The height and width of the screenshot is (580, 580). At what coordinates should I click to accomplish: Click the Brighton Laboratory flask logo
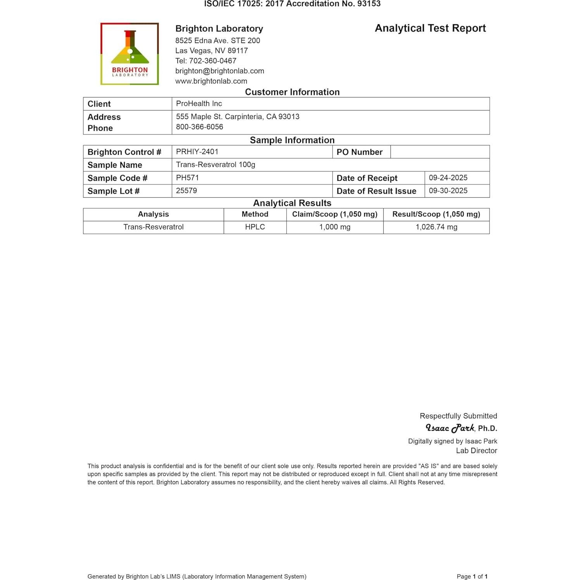(x=129, y=53)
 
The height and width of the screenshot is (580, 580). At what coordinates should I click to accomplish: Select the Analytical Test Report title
(x=430, y=28)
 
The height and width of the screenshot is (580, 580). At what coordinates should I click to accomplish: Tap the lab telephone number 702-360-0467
(x=212, y=61)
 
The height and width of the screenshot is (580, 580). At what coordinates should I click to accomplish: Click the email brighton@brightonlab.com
(x=220, y=71)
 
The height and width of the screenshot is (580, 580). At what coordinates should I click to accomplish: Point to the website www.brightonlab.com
(x=211, y=81)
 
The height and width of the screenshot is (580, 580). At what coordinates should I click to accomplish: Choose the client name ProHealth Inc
(x=199, y=103)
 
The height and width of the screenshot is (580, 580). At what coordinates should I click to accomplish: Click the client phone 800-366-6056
(x=200, y=127)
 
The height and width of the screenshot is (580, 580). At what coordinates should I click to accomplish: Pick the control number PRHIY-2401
(x=197, y=151)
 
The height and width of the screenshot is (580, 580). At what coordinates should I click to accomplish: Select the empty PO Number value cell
(x=440, y=152)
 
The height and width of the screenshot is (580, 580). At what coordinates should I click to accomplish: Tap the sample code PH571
(x=187, y=177)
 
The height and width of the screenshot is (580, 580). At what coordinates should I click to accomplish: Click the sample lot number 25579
(x=186, y=191)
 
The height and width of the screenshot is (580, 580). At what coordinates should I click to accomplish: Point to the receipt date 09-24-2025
(x=448, y=178)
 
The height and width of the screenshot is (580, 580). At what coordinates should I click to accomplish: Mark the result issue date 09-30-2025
(x=448, y=191)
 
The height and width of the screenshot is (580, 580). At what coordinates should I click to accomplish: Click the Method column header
(x=255, y=214)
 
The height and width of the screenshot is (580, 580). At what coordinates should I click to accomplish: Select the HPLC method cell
(x=255, y=227)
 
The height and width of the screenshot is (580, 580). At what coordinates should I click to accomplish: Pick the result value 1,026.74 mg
(x=436, y=227)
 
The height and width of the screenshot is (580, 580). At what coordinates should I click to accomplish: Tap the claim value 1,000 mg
(x=335, y=227)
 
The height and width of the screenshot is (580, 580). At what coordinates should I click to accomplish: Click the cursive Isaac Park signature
(x=450, y=428)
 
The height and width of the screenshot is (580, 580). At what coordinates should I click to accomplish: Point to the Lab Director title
(x=476, y=451)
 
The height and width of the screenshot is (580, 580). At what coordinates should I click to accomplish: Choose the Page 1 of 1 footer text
(x=472, y=577)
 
